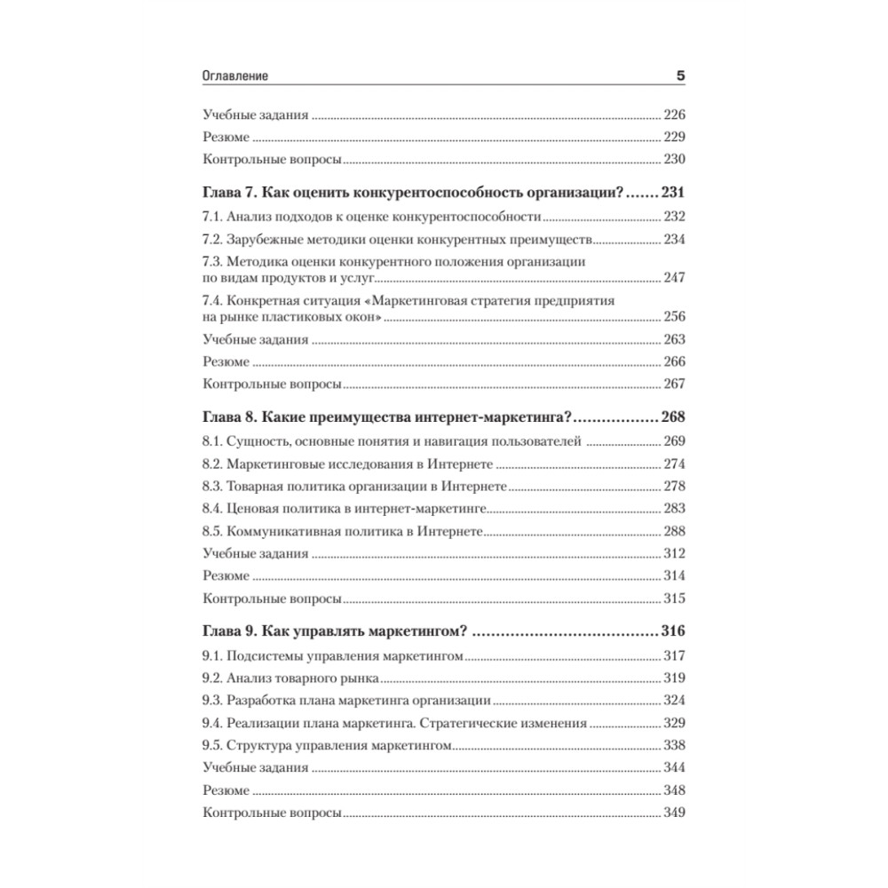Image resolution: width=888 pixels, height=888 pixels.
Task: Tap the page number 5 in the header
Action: (680, 77)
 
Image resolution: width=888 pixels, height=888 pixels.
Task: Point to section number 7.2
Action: (212, 240)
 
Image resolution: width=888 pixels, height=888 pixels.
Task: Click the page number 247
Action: (674, 279)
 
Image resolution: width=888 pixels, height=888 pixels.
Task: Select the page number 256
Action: (674, 317)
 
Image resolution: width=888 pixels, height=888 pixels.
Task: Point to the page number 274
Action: (674, 464)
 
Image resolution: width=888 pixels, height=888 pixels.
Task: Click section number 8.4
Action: (212, 509)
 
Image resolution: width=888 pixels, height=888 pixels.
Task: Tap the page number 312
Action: (674, 553)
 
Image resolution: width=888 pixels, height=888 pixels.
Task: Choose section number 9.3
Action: (212, 701)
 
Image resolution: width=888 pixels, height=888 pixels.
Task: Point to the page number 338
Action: (674, 746)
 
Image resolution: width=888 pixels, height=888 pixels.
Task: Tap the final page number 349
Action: (674, 813)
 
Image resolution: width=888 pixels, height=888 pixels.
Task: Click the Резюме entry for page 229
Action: (226, 138)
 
